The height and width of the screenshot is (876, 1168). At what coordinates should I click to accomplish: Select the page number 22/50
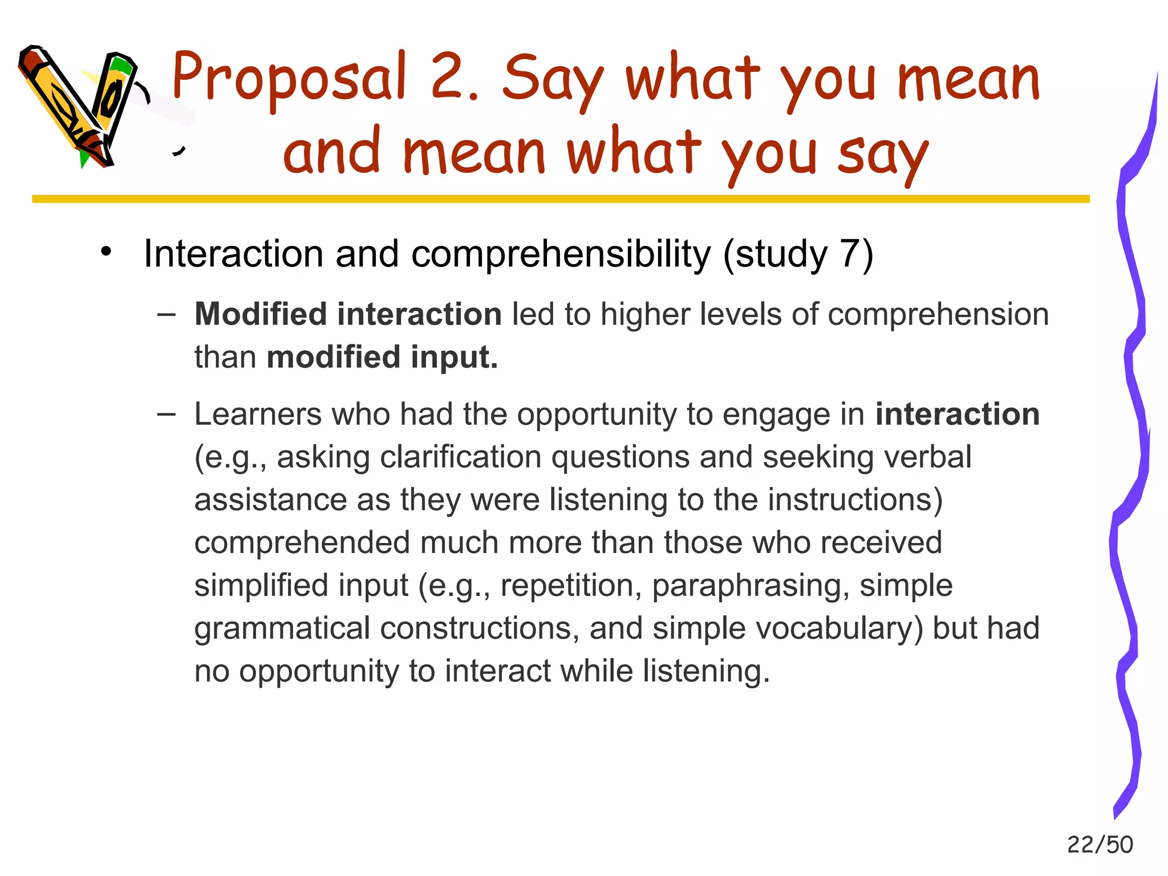[x=1100, y=845]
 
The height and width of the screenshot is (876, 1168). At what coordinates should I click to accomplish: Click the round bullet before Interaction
[x=106, y=252]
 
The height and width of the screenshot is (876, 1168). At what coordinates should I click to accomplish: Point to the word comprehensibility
[x=561, y=254]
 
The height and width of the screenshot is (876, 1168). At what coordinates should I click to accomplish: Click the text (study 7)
[x=798, y=254]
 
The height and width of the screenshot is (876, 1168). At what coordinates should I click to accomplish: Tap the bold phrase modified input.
[x=382, y=357]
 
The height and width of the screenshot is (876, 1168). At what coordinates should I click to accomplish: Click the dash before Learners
[x=166, y=414]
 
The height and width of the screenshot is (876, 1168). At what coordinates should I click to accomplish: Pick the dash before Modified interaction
[x=166, y=314]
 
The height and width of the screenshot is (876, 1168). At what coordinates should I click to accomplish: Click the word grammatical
[x=282, y=628]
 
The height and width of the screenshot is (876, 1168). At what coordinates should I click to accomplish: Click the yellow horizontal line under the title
[x=561, y=199]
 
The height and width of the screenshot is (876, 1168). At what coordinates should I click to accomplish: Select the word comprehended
[x=302, y=543]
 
